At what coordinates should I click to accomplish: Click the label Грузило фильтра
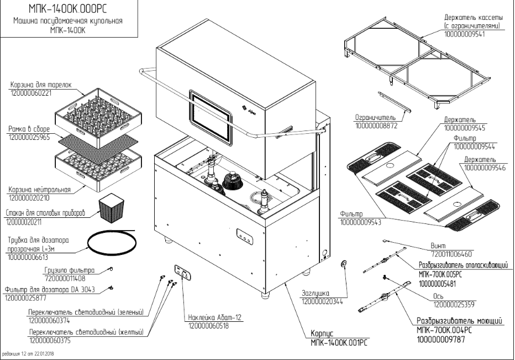(70, 271)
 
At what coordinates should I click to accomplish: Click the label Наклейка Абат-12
(216, 318)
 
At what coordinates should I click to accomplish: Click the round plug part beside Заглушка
(343, 263)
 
